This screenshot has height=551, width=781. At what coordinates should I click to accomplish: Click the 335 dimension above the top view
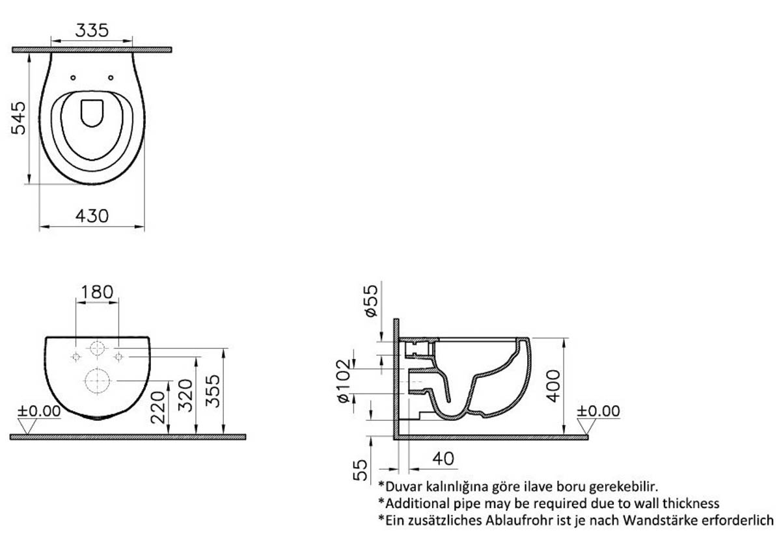coord(92,31)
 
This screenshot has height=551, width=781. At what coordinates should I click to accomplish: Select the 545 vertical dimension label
coord(18,118)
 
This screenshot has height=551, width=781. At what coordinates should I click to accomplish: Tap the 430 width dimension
coord(92,216)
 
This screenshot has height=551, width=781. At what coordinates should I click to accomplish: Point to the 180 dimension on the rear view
coord(97,292)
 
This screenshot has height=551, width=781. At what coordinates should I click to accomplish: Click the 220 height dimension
coord(158,407)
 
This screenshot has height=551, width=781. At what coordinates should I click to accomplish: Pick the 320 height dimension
coord(185,396)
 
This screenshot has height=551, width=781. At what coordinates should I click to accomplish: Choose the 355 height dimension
coord(213,391)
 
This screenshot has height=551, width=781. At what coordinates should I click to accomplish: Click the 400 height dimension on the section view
coord(553,386)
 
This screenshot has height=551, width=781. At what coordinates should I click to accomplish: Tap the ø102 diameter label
coord(344,381)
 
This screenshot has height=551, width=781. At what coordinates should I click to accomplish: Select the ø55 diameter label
coord(372,301)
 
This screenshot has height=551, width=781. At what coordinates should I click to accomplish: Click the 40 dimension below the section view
coord(443,459)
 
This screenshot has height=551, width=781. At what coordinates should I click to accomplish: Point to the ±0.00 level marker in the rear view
coord(39,411)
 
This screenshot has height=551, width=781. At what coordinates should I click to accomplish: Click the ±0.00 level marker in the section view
coord(598,411)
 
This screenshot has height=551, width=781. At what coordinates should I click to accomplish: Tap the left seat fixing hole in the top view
coord(73,77)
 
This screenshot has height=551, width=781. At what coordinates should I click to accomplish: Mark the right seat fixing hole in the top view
coord(111,77)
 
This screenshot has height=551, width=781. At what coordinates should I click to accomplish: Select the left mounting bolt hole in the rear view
coord(75,356)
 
